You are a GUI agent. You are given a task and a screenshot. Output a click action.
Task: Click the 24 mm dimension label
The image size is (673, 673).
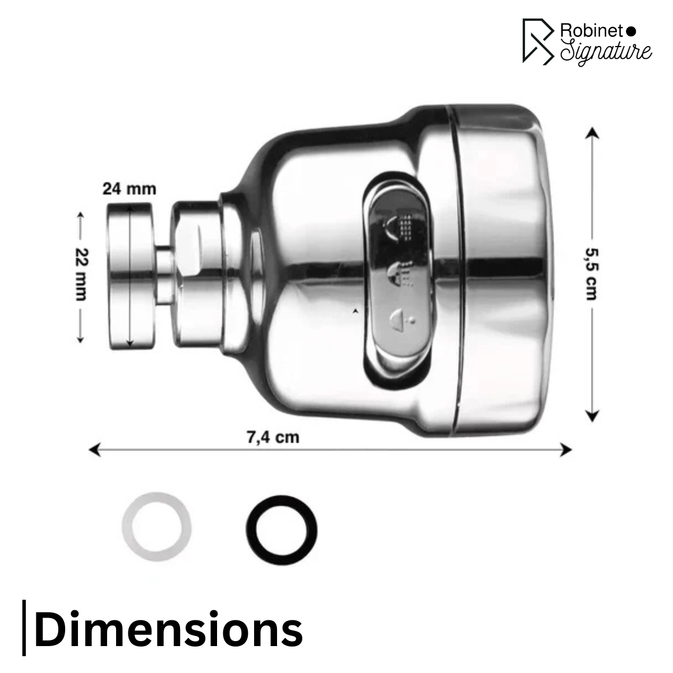[x=129, y=188]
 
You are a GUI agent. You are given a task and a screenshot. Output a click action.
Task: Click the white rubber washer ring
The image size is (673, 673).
[x=156, y=527]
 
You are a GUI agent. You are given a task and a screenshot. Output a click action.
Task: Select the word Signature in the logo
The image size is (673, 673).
[x=606, y=51]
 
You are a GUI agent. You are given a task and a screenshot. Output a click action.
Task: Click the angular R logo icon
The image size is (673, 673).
[x=537, y=40]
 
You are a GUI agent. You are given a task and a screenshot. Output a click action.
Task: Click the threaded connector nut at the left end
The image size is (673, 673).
[x=130, y=277]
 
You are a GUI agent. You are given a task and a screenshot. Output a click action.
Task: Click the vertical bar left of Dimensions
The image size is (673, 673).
[x=24, y=628]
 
